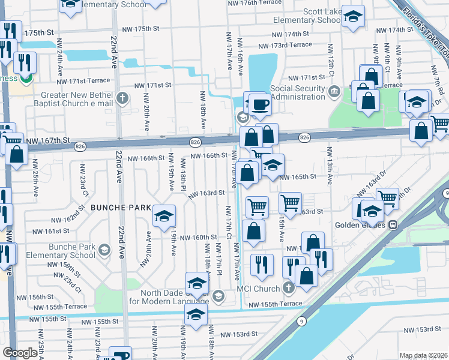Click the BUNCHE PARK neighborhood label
pos(119,208)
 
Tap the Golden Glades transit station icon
pos(393,224)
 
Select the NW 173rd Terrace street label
pos(285,45)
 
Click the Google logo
pos(20,352)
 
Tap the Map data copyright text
pos(423,355)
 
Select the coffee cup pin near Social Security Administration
pos(260,105)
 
